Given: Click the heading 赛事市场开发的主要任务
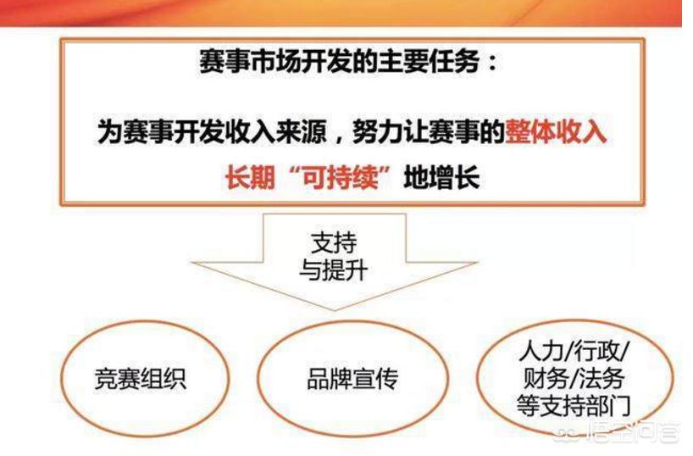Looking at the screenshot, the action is [x=340, y=61].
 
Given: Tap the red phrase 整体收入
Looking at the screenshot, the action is [x=556, y=131].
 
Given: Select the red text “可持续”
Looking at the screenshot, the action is [x=340, y=178].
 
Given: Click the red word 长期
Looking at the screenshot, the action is [x=250, y=178].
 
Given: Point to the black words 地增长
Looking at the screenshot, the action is [x=441, y=178].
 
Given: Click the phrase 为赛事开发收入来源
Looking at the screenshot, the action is [x=212, y=131].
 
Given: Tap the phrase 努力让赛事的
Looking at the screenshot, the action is [x=428, y=131].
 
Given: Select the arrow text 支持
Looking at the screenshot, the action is [x=334, y=242].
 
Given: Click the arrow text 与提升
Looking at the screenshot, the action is [x=334, y=270].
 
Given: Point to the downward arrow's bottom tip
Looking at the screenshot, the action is [x=335, y=309].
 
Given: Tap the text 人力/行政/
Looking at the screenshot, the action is [x=574, y=352].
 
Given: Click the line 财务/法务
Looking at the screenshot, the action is [x=574, y=378].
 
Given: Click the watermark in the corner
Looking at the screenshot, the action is [x=618, y=431].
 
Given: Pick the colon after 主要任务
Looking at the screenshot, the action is [x=492, y=63].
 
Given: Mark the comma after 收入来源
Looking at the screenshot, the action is [x=339, y=138].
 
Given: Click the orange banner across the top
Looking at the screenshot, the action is [x=341, y=13].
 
